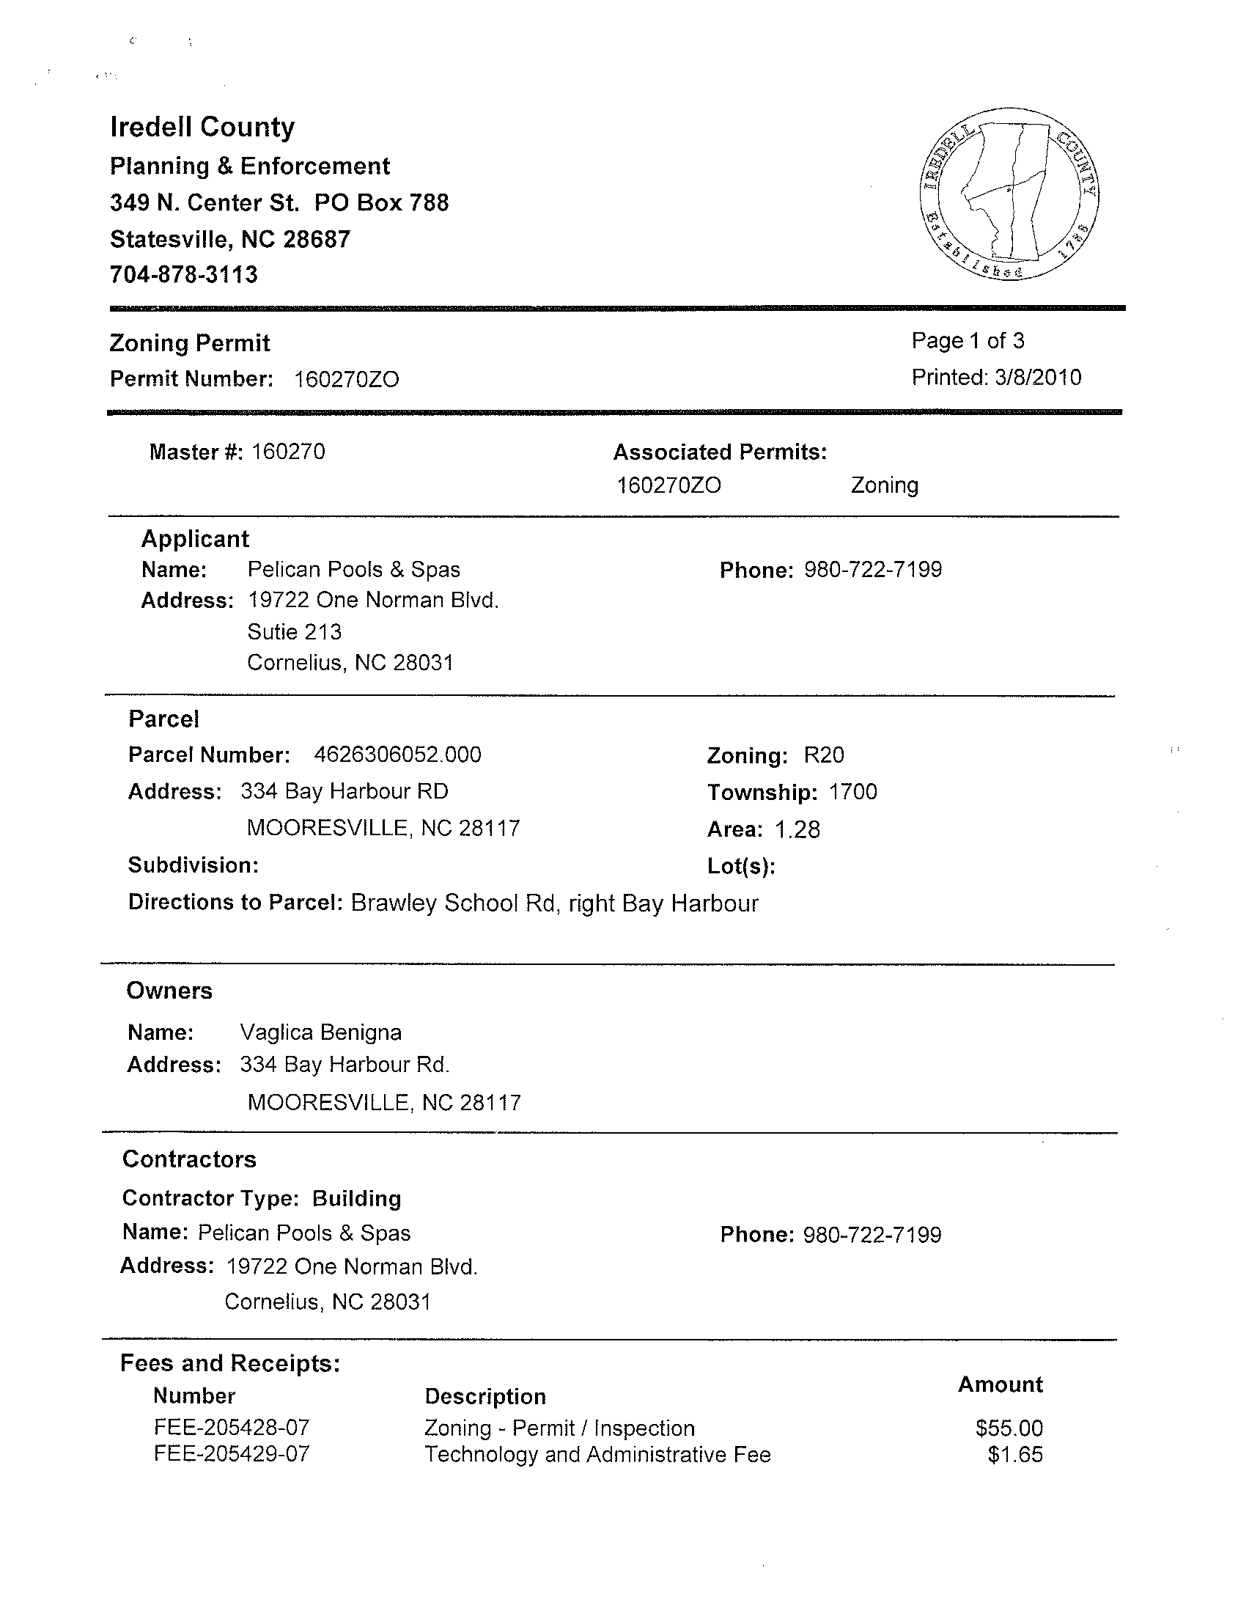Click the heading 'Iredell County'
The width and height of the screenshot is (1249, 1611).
[x=202, y=127]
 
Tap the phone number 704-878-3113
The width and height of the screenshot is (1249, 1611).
[x=183, y=274]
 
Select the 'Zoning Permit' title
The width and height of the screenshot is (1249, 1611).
[x=190, y=343]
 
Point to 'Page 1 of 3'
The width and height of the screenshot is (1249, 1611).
[x=968, y=341]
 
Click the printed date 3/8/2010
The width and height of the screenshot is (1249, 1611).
[x=1037, y=378]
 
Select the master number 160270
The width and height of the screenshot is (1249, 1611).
[x=288, y=452]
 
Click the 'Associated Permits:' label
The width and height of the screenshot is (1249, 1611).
[x=720, y=452]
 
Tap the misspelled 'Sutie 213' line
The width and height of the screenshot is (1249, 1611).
[x=294, y=632]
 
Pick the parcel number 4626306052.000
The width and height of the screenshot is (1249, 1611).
[x=397, y=755]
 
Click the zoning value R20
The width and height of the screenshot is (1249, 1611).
[x=824, y=755]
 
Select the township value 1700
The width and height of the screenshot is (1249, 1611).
[x=852, y=792]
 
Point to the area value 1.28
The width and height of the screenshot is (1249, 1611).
[x=797, y=830]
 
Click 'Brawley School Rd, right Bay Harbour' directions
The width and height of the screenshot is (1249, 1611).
[x=553, y=903]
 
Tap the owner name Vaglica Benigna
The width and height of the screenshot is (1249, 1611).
[x=321, y=1032]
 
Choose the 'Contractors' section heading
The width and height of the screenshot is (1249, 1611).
[x=190, y=1159]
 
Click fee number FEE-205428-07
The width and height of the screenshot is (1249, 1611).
[x=232, y=1428]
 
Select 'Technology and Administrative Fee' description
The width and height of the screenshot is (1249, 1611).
[x=597, y=1455]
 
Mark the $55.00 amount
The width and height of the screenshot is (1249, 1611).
[x=1009, y=1428]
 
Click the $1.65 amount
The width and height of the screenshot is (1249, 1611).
[x=1015, y=1455]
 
